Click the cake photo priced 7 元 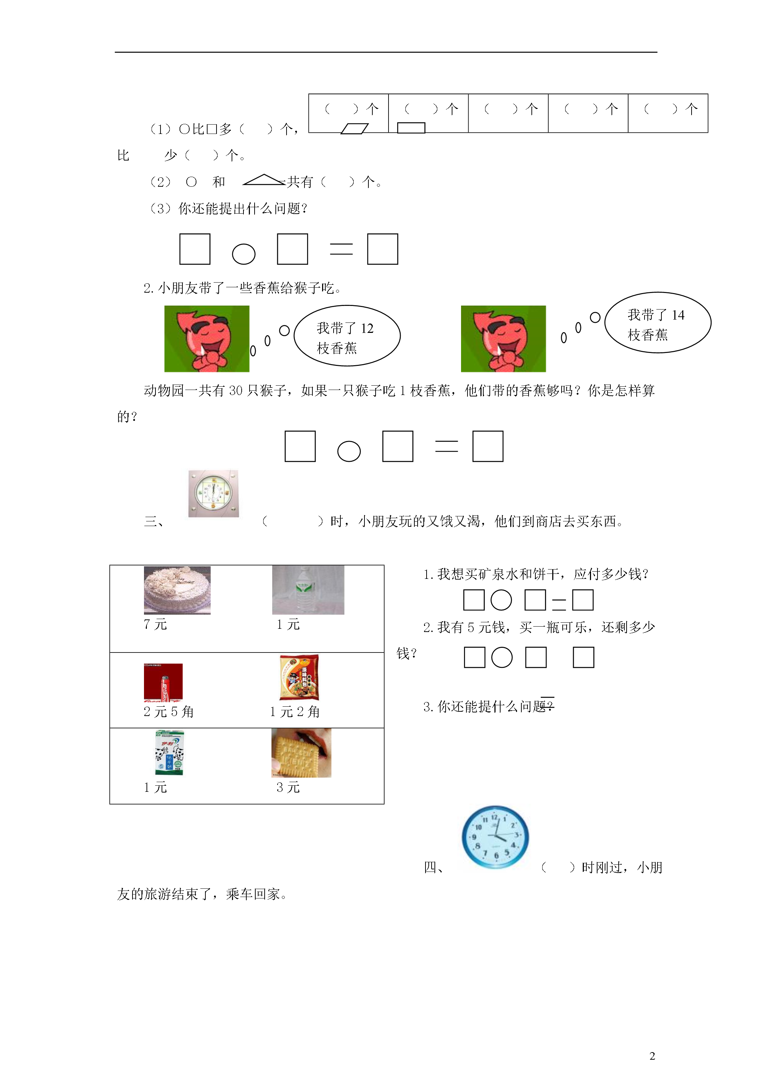click(177, 590)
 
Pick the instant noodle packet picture click(299, 678)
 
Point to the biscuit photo click(301, 753)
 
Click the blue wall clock click(495, 837)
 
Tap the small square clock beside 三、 click(214, 494)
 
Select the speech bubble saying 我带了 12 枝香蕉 click(347, 336)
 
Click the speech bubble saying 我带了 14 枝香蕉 click(658, 322)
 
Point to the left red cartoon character click(207, 339)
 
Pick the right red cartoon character click(503, 339)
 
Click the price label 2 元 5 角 click(169, 712)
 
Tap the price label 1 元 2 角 click(295, 712)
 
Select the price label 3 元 click(288, 787)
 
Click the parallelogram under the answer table click(354, 129)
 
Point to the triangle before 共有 click(264, 180)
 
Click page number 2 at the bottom click(652, 1056)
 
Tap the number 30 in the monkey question click(236, 391)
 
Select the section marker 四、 click(434, 868)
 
